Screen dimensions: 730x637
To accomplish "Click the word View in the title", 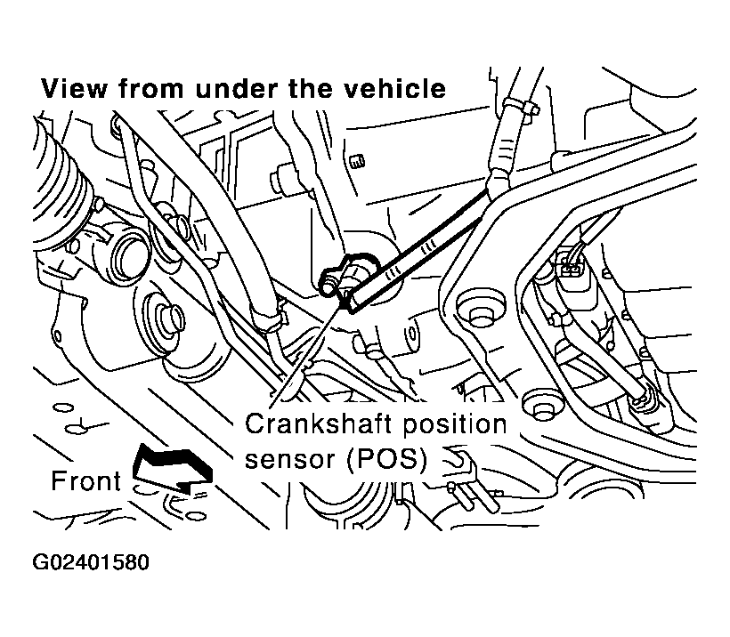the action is point(74,88).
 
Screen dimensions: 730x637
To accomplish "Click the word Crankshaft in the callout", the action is point(320,423).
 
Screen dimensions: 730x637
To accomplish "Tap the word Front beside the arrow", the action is point(86,480).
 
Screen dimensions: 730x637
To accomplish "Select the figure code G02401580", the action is point(91,562).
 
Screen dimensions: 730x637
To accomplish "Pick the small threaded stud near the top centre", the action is point(357,161).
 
